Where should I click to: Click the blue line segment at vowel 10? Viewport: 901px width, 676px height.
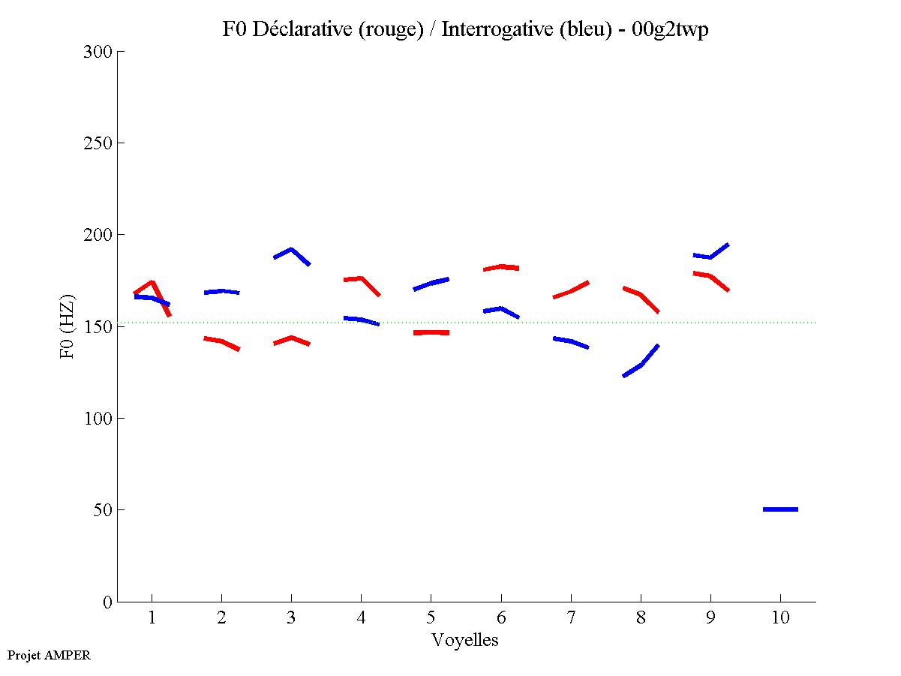[x=780, y=509]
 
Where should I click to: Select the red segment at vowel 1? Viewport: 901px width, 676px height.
[x=152, y=283]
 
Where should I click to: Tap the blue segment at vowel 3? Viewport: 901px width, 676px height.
[x=291, y=250]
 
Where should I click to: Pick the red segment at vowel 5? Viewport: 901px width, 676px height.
[x=431, y=332]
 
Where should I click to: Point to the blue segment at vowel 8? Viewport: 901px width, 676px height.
[x=641, y=365]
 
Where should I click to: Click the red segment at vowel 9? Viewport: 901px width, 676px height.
[x=710, y=276]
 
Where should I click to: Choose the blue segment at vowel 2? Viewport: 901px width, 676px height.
[x=221, y=291]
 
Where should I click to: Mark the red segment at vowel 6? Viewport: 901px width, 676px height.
[x=501, y=267]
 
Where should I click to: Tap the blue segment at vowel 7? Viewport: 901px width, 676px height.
[x=571, y=341]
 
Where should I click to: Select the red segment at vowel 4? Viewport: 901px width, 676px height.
[x=361, y=279]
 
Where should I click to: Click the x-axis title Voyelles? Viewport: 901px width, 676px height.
[x=464, y=640]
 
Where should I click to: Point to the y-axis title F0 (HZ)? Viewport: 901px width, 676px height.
[x=67, y=326]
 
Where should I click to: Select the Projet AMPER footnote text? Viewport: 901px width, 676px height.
[x=49, y=655]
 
